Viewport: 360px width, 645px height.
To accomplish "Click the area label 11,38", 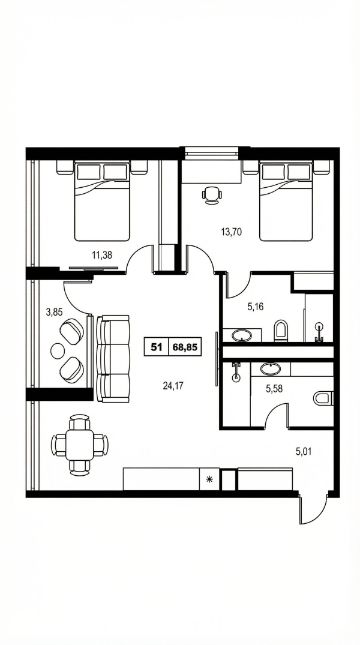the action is (x=102, y=255).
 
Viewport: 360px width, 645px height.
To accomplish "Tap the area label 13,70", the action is (x=231, y=232).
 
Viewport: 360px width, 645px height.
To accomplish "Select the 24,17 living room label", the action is (x=173, y=385).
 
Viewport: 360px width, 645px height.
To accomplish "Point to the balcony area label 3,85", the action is (x=54, y=312).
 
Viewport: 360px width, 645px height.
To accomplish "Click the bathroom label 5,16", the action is (x=255, y=306).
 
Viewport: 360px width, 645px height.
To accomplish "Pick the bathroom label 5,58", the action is (x=274, y=388).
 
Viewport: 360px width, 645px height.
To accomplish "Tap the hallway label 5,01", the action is (x=304, y=452).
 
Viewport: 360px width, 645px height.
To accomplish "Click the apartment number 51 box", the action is (x=156, y=347).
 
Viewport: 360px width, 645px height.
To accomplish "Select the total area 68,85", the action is (x=185, y=347).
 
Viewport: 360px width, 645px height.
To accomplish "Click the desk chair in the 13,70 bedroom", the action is (x=212, y=195).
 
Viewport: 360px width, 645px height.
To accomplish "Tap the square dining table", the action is (x=80, y=445).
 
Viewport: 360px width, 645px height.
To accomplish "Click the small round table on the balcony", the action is (x=58, y=350).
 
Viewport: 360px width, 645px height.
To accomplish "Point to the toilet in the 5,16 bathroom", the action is (x=281, y=330).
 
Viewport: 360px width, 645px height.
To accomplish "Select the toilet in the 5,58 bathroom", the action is (x=323, y=398).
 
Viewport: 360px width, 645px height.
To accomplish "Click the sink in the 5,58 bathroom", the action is (x=271, y=368).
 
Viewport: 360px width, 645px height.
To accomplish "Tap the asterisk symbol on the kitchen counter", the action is (x=209, y=479).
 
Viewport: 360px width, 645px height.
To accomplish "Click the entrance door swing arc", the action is (x=317, y=512).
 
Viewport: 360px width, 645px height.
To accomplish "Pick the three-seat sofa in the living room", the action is (x=114, y=359).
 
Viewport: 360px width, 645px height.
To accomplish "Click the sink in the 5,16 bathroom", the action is (x=242, y=335).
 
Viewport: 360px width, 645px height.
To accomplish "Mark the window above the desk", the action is (x=212, y=153).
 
